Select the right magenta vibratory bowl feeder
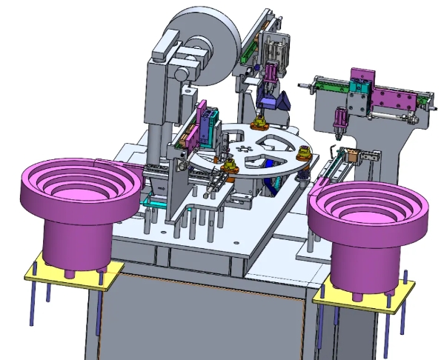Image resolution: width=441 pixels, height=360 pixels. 368,222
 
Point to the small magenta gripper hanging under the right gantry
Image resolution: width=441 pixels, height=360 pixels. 339,119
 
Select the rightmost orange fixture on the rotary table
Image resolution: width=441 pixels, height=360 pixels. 303,153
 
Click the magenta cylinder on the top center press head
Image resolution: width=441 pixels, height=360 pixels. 271,73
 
